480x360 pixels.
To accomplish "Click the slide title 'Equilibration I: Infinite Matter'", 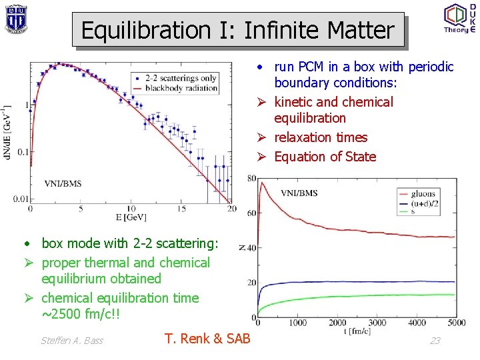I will click(x=237, y=30).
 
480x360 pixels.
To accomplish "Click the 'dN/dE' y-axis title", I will click(x=7, y=131).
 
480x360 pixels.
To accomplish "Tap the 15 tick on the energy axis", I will click(x=181, y=209).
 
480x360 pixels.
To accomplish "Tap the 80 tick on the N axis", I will click(x=251, y=178).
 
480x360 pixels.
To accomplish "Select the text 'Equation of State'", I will click(x=325, y=157).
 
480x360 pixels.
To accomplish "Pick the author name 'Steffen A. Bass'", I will click(x=72, y=341).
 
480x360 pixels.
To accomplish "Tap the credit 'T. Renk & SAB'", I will click(x=207, y=339).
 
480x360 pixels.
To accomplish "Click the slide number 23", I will click(x=435, y=341).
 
